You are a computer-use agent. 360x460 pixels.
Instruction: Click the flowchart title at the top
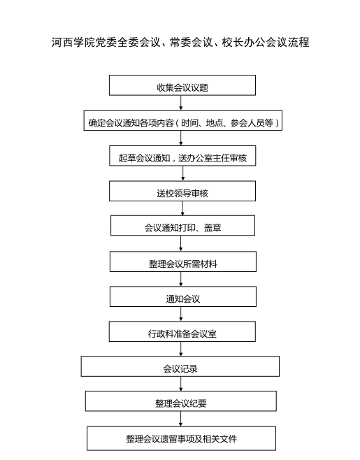pyautogui.click(x=180, y=42)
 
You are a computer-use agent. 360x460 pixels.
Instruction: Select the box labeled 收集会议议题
pyautogui.click(x=182, y=85)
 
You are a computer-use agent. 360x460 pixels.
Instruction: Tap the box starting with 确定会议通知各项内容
pyautogui.click(x=182, y=120)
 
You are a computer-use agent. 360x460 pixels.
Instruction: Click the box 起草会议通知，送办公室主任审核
pyautogui.click(x=182, y=156)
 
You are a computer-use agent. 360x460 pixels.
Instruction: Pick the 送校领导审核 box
pyautogui.click(x=182, y=191)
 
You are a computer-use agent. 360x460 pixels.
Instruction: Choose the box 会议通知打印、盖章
pyautogui.click(x=182, y=226)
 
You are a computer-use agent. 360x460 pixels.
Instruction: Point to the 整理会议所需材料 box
pyautogui.click(x=182, y=261)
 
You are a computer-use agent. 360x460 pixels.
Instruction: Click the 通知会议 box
pyautogui.click(x=182, y=296)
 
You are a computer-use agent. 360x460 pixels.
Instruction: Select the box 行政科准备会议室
pyautogui.click(x=182, y=331)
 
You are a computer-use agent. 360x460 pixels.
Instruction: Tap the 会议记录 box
pyautogui.click(x=180, y=366)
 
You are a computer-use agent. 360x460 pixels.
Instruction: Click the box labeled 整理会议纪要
pyautogui.click(x=181, y=401)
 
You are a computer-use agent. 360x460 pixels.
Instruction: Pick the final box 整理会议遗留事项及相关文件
pyautogui.click(x=181, y=438)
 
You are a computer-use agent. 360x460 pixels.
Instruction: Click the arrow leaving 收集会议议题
pyautogui.click(x=181, y=103)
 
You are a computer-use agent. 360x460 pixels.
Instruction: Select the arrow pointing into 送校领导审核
pyautogui.click(x=182, y=173)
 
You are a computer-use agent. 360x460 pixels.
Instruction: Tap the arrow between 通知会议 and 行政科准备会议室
pyautogui.click(x=181, y=314)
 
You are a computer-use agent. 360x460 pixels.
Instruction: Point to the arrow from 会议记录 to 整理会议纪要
pyautogui.click(x=181, y=384)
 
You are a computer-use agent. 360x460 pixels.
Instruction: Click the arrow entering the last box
pyautogui.click(x=181, y=419)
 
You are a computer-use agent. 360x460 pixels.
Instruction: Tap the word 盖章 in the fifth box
pyautogui.click(x=213, y=228)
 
